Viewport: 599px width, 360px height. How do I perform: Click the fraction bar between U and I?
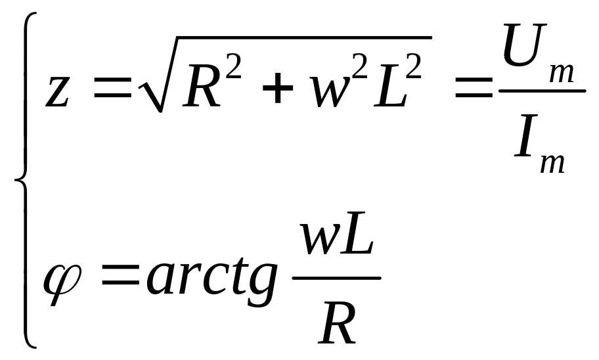click(541, 91)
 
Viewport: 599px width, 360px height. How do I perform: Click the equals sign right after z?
click(113, 92)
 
